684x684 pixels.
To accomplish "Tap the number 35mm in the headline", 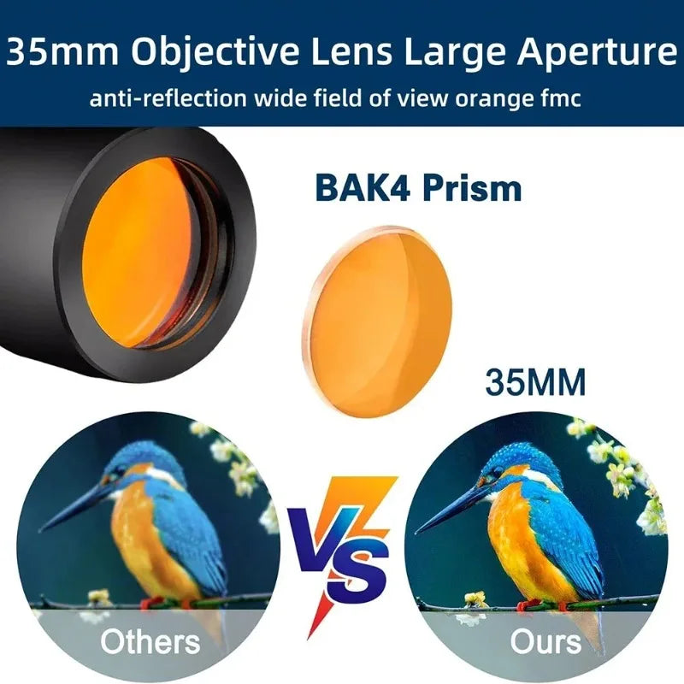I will pos(60,54).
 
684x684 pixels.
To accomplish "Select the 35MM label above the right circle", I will pos(535,382).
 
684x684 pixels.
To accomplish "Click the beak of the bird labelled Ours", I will pos(453,509).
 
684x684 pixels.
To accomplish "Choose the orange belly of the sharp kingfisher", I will pos(522,547).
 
